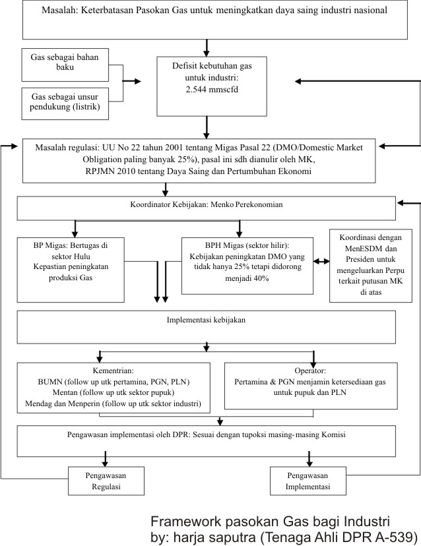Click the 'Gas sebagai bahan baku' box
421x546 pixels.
tap(65, 65)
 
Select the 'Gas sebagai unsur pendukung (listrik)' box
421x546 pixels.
tap(65, 104)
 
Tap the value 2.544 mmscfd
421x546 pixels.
tap(212, 90)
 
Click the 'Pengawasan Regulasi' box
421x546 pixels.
tap(106, 481)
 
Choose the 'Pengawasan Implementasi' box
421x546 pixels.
tap(308, 481)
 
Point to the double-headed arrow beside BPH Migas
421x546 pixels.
tap(321, 261)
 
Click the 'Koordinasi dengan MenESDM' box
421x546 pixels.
tap(371, 265)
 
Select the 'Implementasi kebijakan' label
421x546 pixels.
tap(206, 320)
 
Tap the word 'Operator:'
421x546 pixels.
tap(310, 371)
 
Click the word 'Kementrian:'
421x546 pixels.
tap(113, 371)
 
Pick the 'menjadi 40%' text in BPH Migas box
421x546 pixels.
tap(247, 278)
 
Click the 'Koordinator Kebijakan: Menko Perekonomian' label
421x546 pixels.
tap(207, 204)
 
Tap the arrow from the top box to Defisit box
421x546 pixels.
tap(207, 47)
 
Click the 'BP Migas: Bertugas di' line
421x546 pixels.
tap(71, 245)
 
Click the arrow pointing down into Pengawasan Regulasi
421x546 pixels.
tap(105, 459)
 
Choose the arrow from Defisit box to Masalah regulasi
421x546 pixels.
tap(207, 127)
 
